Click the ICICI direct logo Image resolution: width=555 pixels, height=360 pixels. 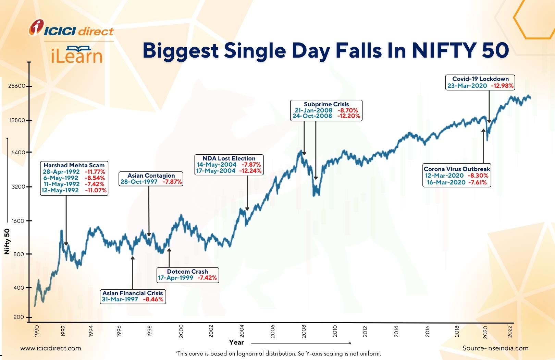click(x=71, y=28)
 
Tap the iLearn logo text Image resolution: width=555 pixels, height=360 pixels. click(x=76, y=55)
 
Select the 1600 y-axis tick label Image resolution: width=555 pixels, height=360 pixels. click(x=18, y=221)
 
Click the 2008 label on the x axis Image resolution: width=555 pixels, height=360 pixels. click(x=304, y=331)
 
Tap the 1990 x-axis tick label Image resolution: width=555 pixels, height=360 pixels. click(x=37, y=331)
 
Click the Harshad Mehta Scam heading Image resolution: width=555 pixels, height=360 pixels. click(x=74, y=165)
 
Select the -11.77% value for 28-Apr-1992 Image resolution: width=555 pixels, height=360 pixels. click(x=95, y=172)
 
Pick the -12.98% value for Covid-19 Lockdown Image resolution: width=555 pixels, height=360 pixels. click(x=502, y=86)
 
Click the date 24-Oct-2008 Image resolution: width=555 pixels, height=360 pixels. click(x=312, y=116)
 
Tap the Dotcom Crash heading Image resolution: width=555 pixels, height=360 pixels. click(x=187, y=272)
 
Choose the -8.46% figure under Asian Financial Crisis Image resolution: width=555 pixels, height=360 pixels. click(x=153, y=299)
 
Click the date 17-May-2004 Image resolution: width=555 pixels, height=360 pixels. click(x=216, y=171)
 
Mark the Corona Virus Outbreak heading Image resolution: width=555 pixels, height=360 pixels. click(x=457, y=169)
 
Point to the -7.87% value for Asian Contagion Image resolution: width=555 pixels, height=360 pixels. click(x=172, y=182)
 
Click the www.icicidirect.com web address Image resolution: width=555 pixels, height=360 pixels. click(x=51, y=348)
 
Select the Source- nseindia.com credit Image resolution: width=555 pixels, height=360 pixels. click(x=495, y=348)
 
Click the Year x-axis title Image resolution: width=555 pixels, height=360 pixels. click(x=236, y=343)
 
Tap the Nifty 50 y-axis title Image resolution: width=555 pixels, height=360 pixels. click(x=7, y=241)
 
